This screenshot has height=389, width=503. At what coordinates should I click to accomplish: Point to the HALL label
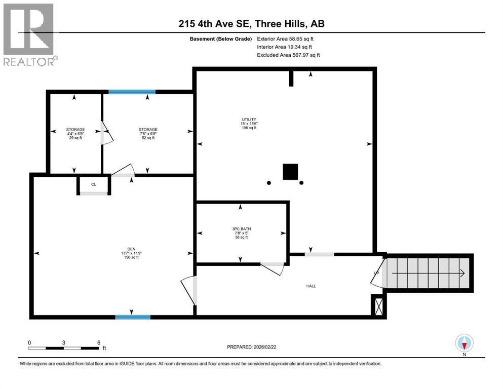coord(311,286)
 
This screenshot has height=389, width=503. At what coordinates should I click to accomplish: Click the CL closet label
coord(94,185)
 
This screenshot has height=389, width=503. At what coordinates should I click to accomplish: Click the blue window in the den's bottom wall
coord(133,317)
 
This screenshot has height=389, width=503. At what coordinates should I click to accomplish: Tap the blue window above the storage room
coord(132,92)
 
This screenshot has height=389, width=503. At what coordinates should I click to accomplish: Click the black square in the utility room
coord(290,172)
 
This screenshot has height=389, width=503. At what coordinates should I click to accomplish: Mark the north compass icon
coord(464,343)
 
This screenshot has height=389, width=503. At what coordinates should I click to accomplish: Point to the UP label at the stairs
coord(376,274)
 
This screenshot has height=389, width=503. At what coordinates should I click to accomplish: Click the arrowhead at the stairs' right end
coord(462,274)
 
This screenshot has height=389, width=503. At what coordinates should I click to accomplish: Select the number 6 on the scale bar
coord(98,342)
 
